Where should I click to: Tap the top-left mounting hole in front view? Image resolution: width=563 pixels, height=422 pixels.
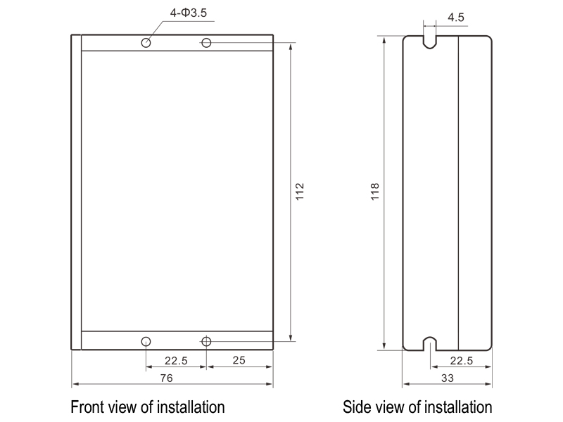[146, 43]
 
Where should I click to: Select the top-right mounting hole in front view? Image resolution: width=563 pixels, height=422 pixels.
[206, 43]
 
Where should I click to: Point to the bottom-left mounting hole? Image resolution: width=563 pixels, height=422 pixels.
[146, 342]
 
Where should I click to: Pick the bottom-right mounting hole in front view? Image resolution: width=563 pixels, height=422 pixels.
[206, 342]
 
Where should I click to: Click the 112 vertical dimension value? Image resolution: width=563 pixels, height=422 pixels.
[300, 191]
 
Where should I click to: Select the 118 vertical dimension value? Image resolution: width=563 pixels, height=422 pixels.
[375, 191]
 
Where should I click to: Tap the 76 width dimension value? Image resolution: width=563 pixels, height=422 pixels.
[166, 378]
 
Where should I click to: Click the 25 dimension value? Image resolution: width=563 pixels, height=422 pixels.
[239, 360]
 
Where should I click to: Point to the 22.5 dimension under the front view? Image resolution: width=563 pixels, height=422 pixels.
[176, 360]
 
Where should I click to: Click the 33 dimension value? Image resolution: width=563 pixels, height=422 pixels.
[448, 378]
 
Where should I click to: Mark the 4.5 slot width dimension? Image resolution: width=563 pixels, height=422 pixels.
[456, 18]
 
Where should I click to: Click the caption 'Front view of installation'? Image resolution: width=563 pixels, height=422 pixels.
[147, 407]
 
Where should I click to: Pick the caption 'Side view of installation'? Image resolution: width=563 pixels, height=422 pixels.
[417, 407]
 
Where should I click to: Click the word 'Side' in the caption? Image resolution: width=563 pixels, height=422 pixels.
[356, 407]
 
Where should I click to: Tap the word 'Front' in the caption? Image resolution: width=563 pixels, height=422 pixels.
[87, 407]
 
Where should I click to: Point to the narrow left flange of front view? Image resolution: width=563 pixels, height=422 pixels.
[76, 191]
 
